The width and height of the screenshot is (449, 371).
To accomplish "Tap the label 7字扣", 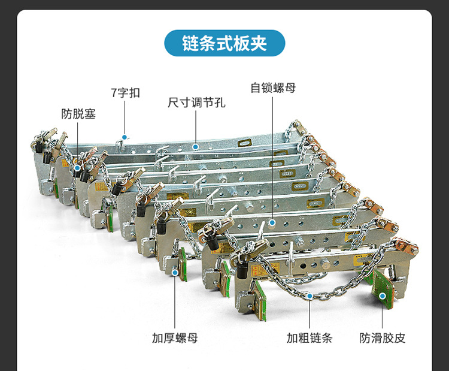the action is pos(125,93).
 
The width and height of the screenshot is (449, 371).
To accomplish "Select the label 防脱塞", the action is pos(78,113).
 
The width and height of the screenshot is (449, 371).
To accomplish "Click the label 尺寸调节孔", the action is pos(196,102).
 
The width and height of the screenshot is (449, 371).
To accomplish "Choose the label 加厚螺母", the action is pos(175,337).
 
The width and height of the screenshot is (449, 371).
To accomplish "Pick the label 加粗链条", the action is pos(309,337).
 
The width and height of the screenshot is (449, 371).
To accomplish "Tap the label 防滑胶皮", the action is pos(383,337).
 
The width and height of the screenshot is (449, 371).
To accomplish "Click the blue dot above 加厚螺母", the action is pos(175,273).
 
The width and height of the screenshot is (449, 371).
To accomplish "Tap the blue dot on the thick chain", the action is pos(309,295).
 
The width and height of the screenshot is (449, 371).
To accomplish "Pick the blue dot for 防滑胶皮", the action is pos(383,295).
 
